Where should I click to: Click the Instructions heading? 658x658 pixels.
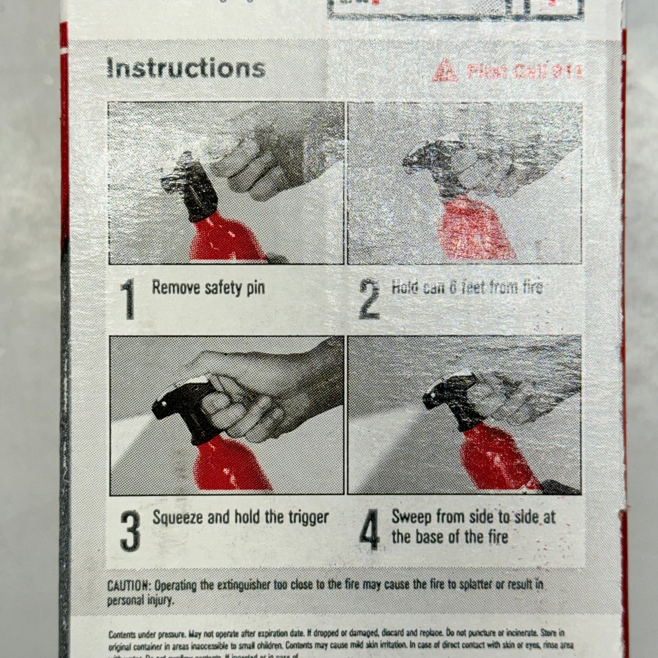click(185, 68)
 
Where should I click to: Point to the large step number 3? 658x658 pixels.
click(130, 530)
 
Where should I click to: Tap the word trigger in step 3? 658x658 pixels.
click(308, 518)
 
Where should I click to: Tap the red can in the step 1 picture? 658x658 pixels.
click(223, 239)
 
